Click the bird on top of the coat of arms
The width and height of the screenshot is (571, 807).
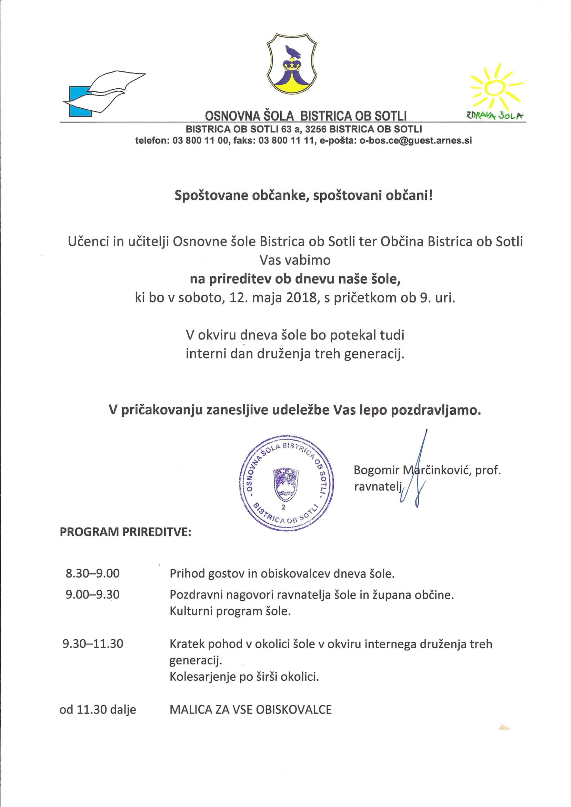click(293, 52)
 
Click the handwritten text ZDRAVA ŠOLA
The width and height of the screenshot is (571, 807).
click(495, 115)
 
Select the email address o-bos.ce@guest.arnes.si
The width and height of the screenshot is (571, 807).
click(415, 141)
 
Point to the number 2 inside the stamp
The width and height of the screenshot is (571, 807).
click(283, 507)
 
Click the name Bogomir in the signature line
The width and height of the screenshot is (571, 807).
click(377, 470)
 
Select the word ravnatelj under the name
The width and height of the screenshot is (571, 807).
click(378, 486)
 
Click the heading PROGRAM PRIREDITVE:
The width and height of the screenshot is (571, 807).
click(126, 532)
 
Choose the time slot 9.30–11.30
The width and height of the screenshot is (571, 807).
click(93, 644)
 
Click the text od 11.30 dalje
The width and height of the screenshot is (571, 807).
click(98, 710)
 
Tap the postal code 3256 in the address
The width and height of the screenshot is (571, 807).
click(315, 129)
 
